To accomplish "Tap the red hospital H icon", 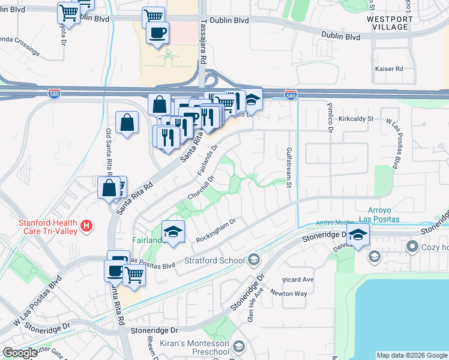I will (87, 226).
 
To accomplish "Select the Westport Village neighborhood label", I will (390, 23).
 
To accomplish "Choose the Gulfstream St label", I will (289, 167).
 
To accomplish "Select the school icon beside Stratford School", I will (254, 260).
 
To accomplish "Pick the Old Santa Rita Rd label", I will (109, 149).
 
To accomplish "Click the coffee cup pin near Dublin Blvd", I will (158, 32).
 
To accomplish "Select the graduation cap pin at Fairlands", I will (173, 232).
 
